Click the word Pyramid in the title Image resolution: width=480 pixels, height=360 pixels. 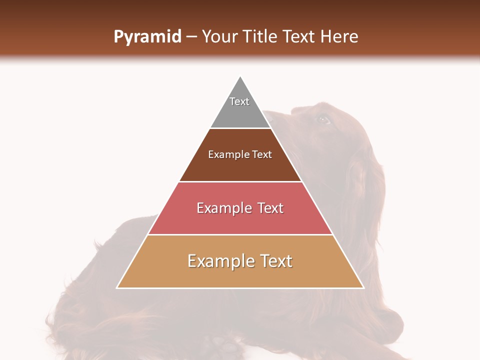click(x=147, y=37)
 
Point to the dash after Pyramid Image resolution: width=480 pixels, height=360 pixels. click(x=191, y=37)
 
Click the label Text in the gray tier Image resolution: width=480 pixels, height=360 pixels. click(x=239, y=101)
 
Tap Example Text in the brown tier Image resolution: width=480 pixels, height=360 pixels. click(x=240, y=154)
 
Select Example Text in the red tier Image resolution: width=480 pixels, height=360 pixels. click(x=240, y=208)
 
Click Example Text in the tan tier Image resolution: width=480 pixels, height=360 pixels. click(x=240, y=261)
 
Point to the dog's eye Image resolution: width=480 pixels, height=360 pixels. click(x=323, y=119)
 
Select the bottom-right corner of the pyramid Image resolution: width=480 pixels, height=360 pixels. click(x=363, y=287)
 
